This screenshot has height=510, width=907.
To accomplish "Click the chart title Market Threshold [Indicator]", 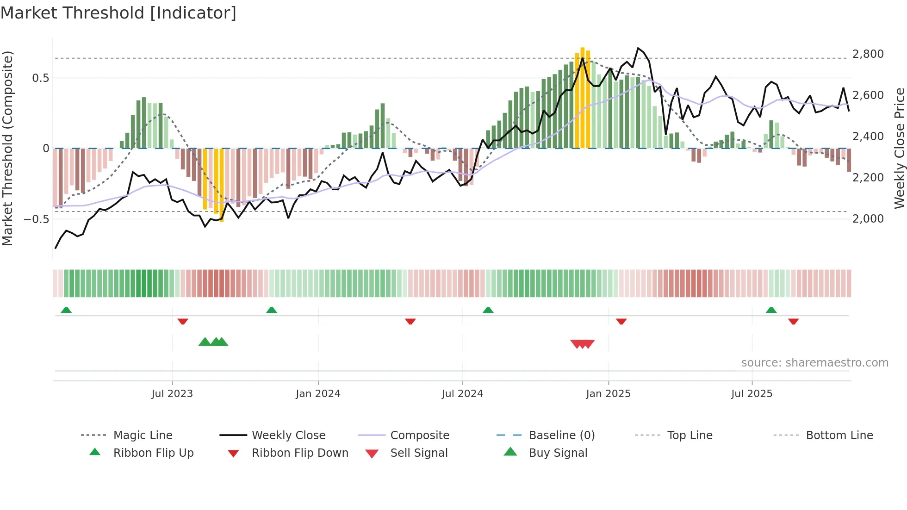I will tap(118, 13).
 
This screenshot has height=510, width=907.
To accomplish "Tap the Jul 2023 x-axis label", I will tap(172, 394).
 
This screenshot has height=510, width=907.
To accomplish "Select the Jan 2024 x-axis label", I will tap(318, 394).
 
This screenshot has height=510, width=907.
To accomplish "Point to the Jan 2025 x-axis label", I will tap(608, 394).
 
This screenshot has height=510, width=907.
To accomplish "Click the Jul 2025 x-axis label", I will tap(752, 394).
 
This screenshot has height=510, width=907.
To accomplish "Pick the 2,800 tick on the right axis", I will tap(868, 54).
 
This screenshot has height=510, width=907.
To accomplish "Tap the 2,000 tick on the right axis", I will tap(868, 218).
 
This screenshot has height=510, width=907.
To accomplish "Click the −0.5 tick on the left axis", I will tap(36, 218).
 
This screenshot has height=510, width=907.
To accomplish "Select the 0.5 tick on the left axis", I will tap(40, 78).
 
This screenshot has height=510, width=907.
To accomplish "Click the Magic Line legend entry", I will tap(143, 435).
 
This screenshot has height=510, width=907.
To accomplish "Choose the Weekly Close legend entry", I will tap(288, 435).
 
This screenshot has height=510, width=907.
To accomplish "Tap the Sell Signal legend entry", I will tap(419, 453).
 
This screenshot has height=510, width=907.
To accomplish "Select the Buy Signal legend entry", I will tap(558, 453).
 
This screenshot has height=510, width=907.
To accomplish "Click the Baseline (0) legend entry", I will tap(561, 435).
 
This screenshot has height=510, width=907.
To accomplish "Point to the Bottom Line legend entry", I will tap(839, 435).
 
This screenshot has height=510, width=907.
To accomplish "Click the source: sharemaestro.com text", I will tap(814, 363).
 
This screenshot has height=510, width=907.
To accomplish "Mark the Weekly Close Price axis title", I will tap(899, 148).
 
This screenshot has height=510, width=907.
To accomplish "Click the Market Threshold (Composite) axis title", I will tap(7, 148).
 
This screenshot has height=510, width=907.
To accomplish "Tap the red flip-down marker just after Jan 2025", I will tap(621, 321).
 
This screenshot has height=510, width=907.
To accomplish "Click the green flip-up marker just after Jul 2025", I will tap(771, 310).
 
